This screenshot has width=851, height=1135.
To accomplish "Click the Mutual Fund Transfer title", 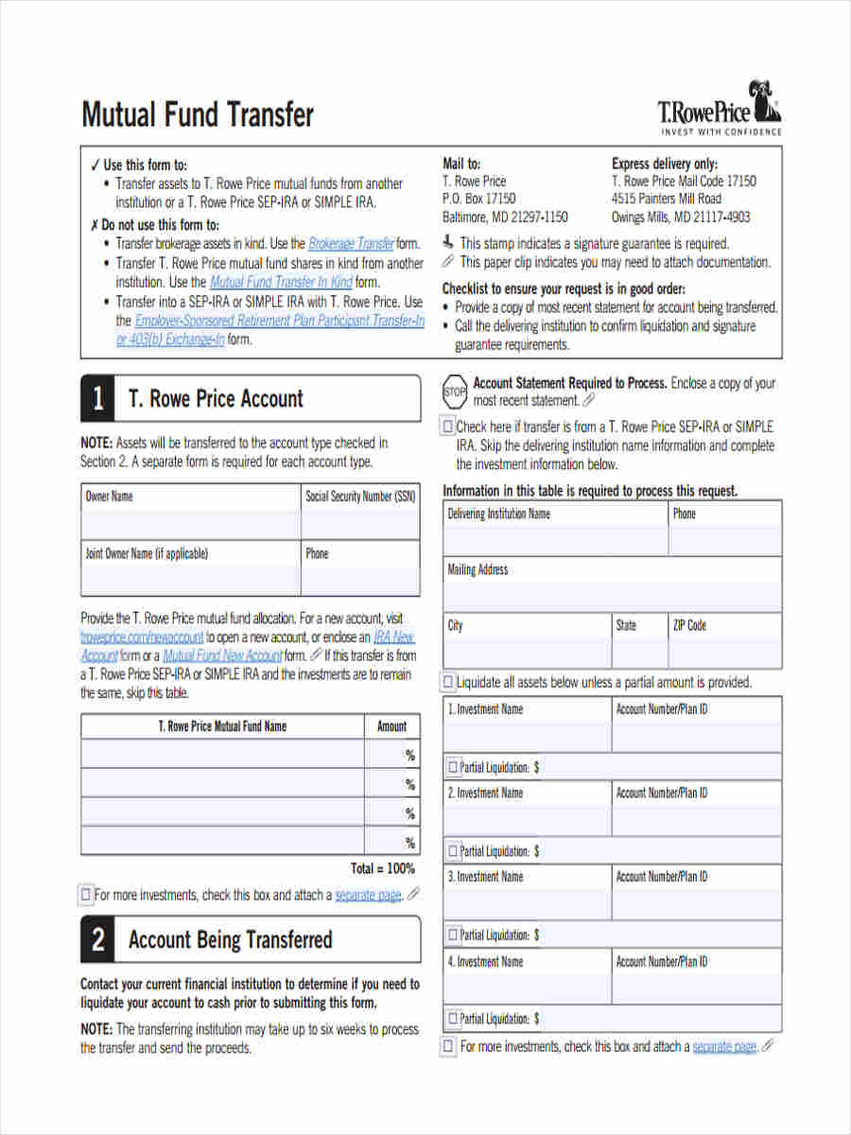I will point(197,115).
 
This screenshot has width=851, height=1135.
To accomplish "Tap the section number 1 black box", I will point(98,398).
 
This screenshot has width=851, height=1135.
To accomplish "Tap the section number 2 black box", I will point(98,939).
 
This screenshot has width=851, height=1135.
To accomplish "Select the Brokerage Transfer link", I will point(351,243).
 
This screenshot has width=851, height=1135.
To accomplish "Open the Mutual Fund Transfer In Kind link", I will point(280,282).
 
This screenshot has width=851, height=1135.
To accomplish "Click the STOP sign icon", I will point(455,391).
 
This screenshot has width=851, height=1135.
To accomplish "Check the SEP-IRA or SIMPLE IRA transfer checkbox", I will point(448,427).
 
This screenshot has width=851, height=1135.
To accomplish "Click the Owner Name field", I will point(191,524).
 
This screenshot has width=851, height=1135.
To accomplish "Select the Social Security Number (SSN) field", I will point(360,524).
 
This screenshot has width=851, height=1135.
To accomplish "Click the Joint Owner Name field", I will point(191,580).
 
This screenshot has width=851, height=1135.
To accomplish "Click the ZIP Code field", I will point(725,652).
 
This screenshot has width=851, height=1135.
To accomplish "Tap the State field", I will point(639,652).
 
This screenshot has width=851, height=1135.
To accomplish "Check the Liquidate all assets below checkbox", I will point(448,682).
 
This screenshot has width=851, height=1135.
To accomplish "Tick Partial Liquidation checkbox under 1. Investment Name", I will point(452,767).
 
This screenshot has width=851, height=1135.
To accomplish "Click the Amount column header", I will point(391,726).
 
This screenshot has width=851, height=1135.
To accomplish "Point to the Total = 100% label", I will point(382,868).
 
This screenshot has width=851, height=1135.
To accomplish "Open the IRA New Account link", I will point(394,637).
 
